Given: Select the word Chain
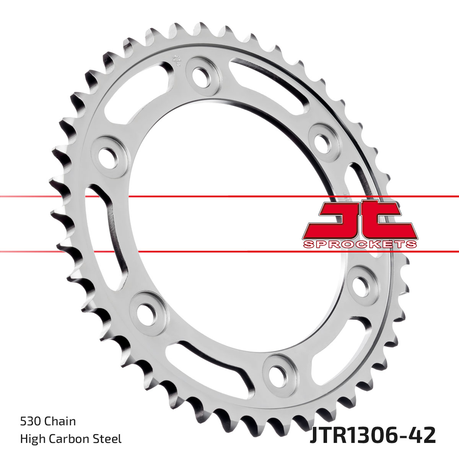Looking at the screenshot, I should point(60,422).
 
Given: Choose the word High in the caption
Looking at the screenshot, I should point(31,439).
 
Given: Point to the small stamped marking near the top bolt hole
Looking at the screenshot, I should point(177,60).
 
